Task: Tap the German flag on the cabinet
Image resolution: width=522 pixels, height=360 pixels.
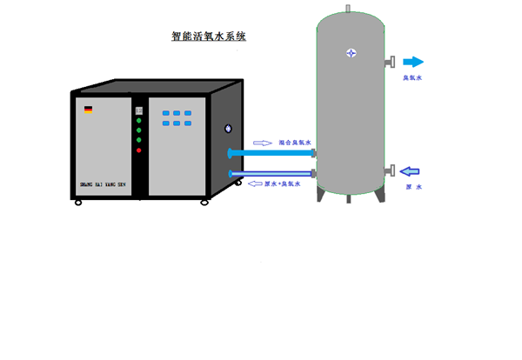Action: [89, 110]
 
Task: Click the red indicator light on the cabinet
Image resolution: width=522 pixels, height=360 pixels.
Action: [138, 150]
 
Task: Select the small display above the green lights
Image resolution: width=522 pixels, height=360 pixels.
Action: [138, 110]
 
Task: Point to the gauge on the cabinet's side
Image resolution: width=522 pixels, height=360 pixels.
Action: [229, 129]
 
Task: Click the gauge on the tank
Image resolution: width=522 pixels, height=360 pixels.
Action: [351, 52]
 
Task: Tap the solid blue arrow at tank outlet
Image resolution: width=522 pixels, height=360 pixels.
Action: [412, 62]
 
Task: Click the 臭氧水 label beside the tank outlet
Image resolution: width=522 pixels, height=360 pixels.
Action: [412, 78]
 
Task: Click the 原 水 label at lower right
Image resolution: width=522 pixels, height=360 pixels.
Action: [413, 187]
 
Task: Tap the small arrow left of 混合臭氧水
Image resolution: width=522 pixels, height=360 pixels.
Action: [262, 142]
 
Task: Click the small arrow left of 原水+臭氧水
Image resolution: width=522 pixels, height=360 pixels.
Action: [256, 184]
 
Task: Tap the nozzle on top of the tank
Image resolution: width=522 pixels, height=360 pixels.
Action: [348, 10]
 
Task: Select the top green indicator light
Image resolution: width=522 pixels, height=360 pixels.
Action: [138, 121]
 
